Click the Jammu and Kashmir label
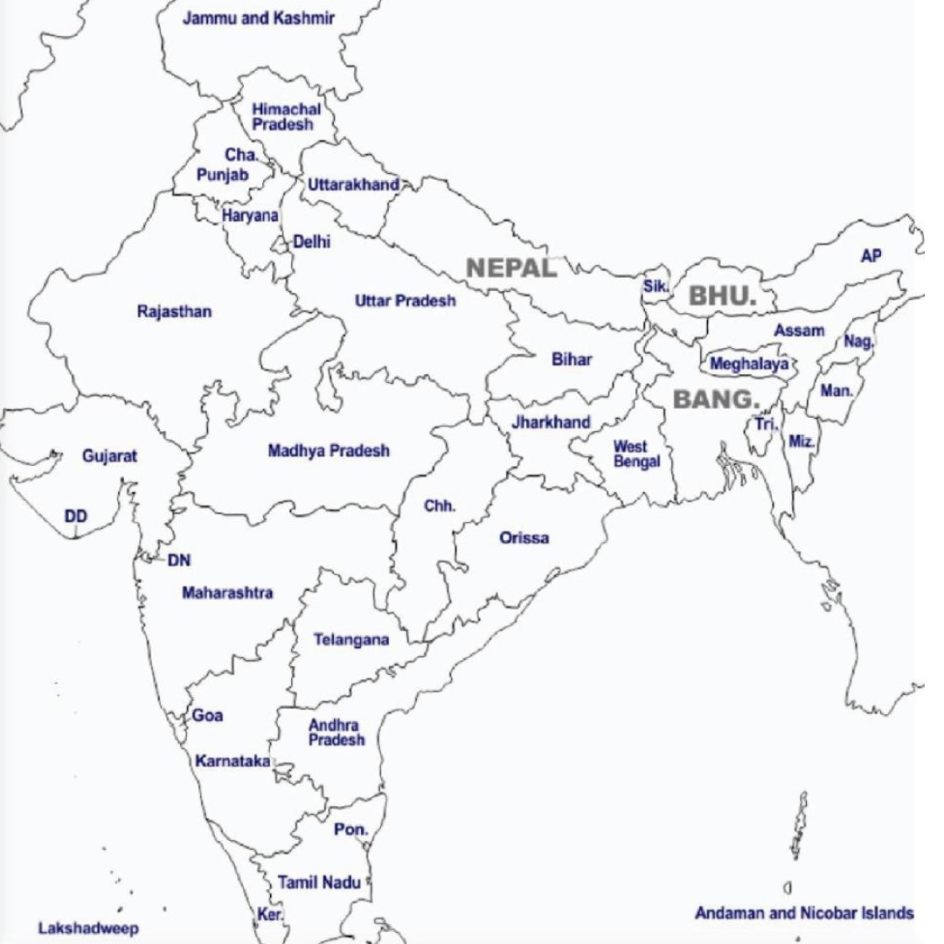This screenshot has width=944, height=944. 258,18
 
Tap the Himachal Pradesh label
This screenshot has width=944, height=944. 286,117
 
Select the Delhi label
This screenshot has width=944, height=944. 311,242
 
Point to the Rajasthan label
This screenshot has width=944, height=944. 174,312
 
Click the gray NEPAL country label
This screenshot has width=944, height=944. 511,267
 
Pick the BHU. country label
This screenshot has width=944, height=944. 722,295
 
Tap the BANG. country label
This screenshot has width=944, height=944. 716,399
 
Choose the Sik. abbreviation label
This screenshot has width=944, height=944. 656,286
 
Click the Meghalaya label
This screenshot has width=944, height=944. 749,364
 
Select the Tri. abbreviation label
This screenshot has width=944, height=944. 767,424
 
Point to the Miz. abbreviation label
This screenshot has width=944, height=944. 802,441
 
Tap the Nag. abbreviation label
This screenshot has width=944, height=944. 857,342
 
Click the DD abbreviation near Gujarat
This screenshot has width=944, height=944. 76,517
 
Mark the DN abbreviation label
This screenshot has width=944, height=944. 179,560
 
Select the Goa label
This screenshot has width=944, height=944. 207,716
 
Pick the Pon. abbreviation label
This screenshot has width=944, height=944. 351,829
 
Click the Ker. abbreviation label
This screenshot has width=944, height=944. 269,914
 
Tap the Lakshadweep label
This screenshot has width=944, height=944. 88,928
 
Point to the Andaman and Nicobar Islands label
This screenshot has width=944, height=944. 804,913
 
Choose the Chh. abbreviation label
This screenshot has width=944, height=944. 440,507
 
